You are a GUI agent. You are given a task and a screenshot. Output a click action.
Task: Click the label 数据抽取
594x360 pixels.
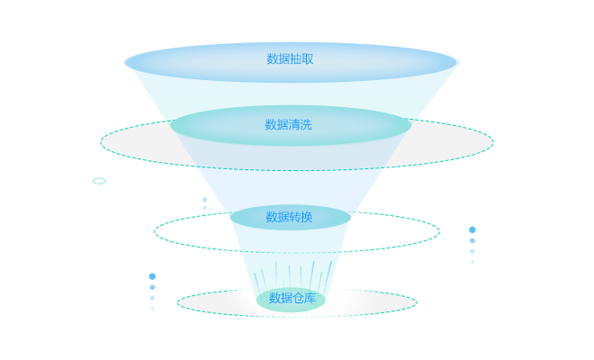[x=290, y=59]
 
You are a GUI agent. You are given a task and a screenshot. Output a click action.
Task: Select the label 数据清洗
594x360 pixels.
[x=288, y=125]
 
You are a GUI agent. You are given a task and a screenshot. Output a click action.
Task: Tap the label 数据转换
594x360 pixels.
[x=289, y=217]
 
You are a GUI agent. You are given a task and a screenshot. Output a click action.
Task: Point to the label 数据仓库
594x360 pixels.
[x=292, y=298]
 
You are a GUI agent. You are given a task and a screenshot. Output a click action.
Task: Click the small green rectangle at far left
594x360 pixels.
[x=100, y=181]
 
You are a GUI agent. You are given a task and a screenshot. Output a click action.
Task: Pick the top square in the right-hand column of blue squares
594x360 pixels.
[x=472, y=229]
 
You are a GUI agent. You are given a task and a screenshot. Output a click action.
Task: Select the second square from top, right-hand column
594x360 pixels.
[x=472, y=240]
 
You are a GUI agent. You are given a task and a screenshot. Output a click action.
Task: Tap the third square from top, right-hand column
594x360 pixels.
[x=472, y=251]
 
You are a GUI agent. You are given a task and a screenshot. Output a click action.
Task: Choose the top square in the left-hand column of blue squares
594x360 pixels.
[x=152, y=276]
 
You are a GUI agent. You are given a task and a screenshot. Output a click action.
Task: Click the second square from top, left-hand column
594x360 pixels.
[x=152, y=287]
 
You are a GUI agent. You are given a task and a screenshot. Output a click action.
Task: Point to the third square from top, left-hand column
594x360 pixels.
[x=152, y=298]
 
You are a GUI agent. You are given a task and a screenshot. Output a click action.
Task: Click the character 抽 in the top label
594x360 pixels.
[x=296, y=59]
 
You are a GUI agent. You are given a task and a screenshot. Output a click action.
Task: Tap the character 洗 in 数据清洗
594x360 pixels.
[x=306, y=125]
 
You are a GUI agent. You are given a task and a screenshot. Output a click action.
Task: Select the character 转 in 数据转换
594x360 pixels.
[x=295, y=217]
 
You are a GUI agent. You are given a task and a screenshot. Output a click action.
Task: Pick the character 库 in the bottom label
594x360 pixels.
[x=310, y=298]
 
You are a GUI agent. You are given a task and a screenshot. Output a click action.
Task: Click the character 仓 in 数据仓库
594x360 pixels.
[x=298, y=298]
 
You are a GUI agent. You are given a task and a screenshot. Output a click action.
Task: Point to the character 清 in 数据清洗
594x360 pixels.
[x=294, y=125]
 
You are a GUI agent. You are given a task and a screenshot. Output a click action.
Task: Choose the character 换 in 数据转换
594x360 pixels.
[x=307, y=217]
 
